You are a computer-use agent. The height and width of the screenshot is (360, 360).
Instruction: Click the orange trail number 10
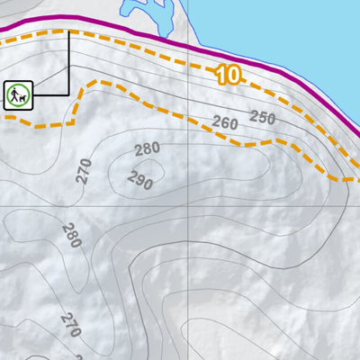pyautogui.click(x=229, y=76)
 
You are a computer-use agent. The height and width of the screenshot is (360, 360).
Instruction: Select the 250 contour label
pyautogui.click(x=263, y=117)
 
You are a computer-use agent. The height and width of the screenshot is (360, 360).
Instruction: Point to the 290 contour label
pyautogui.click(x=139, y=180)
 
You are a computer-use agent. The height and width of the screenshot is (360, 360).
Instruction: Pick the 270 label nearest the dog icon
pyautogui.click(x=84, y=171)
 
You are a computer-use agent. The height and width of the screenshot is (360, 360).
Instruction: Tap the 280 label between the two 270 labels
pyautogui.click(x=71, y=236)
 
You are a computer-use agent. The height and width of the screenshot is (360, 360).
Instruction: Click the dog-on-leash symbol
pyautogui.click(x=17, y=94)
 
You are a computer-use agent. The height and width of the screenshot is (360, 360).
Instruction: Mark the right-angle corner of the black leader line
pyautogui.click(x=68, y=94)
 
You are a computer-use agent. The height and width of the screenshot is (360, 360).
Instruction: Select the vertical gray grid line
pyautogui.click(x=186, y=288)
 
